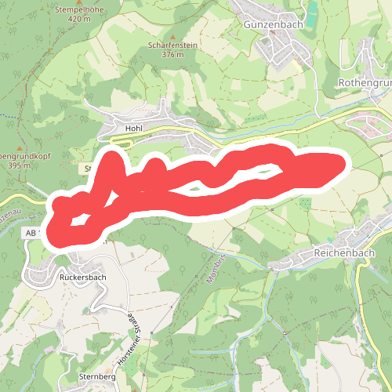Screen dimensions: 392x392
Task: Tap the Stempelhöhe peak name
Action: (x=79, y=9)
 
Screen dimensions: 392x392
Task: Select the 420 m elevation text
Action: (x=79, y=18)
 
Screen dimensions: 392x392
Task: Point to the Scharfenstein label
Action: (x=172, y=45)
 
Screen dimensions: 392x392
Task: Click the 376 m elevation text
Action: (x=172, y=55)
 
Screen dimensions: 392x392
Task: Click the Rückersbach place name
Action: (x=82, y=277)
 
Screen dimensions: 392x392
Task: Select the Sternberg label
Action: (x=97, y=377)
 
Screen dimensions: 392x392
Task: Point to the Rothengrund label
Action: (x=365, y=82)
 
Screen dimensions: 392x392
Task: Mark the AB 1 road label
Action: (x=31, y=234)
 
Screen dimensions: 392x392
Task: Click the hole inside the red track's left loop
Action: (x=80, y=222)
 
